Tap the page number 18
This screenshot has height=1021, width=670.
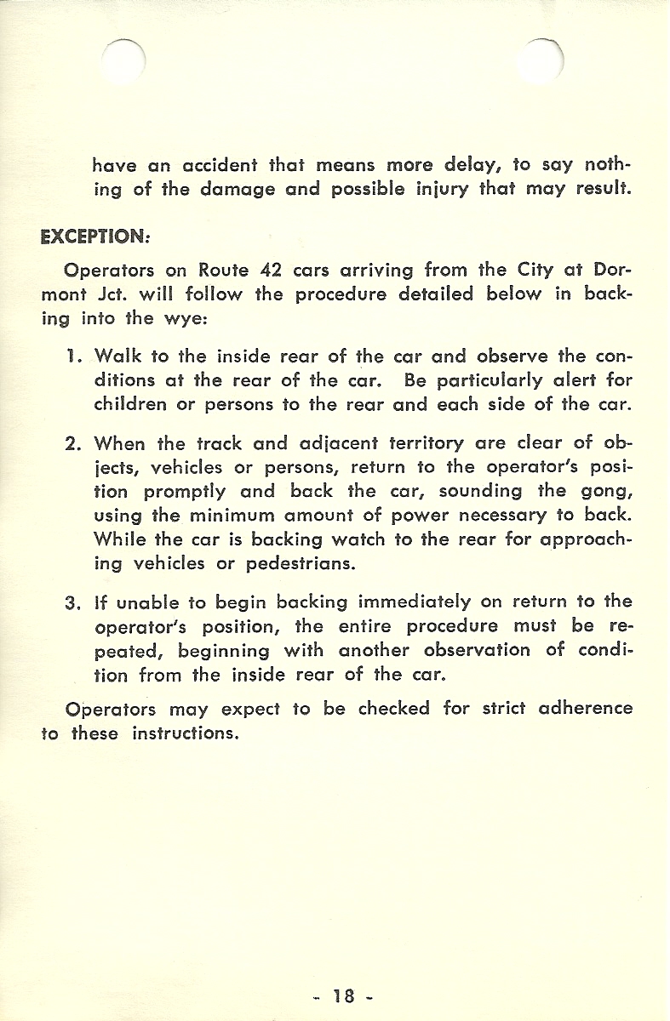pyautogui.click(x=344, y=995)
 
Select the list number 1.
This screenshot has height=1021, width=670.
pyautogui.click(x=72, y=354)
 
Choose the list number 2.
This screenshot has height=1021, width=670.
pyautogui.click(x=72, y=442)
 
